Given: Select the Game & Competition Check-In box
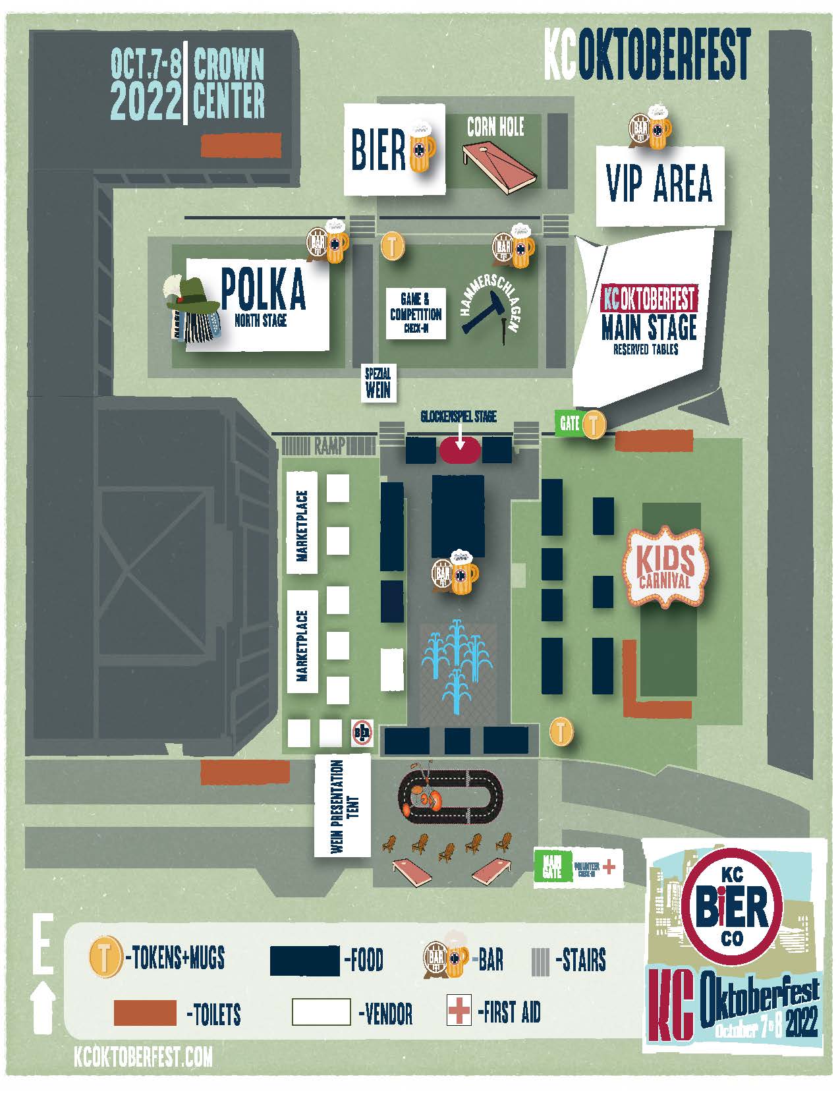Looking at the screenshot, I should (x=415, y=314).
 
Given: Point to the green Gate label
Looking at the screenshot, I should (x=569, y=424).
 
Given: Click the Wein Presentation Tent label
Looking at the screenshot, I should (x=343, y=806).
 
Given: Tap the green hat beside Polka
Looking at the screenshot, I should (x=191, y=294).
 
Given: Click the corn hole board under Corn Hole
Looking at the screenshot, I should (x=500, y=168).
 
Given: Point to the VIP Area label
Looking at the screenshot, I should (x=659, y=184).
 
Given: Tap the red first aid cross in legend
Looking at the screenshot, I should (x=459, y=1011).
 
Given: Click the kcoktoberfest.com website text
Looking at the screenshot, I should (x=144, y=1057).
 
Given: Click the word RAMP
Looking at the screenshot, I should (x=329, y=445).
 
